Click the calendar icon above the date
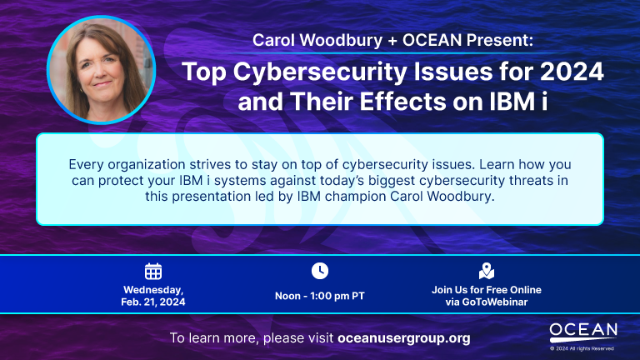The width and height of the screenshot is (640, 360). [153, 272]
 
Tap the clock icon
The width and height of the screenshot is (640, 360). [320, 271]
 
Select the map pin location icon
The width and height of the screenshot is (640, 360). [487, 271]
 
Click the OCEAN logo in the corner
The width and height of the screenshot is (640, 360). [583, 332]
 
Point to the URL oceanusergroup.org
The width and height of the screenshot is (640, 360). [404, 338]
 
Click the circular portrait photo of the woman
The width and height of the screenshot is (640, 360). [101, 70]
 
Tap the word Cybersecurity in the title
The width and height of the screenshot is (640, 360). [320, 72]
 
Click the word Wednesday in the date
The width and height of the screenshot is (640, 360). [153, 290]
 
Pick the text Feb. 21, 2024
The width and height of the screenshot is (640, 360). [153, 302]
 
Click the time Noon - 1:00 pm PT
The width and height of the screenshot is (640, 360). [320, 296]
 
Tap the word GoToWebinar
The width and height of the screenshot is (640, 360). [495, 302]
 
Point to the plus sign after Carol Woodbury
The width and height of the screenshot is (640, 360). [392, 40]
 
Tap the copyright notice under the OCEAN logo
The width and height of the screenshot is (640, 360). [582, 348]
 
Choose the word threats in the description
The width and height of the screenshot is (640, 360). [532, 180]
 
